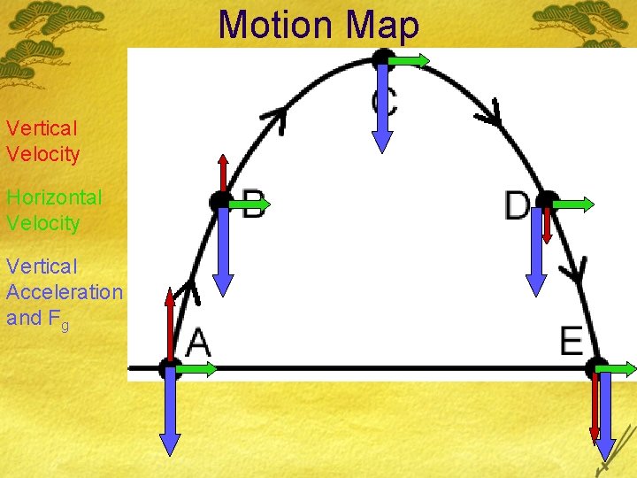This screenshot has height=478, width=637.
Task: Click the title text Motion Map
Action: click(318, 25)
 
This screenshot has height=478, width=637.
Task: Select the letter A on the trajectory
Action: click(198, 343)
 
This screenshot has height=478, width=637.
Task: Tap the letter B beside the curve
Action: click(255, 204)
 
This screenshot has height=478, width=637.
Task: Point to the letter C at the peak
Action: click(384, 100)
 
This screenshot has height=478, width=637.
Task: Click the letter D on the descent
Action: click(517, 206)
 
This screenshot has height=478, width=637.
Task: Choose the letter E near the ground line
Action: click(572, 341)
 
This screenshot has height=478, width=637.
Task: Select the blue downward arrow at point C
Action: click(381, 111)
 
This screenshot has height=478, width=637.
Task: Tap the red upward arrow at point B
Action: click(223, 173)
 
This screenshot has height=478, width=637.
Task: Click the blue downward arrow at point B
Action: click(224, 252)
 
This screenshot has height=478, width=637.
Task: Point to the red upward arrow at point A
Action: click(169, 323)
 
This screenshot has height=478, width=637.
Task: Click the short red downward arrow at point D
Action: click(547, 225)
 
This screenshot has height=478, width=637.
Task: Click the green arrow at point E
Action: click(618, 368)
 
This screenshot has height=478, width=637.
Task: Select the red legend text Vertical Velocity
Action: click(42, 142)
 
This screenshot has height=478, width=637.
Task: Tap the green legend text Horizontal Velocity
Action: click(54, 210)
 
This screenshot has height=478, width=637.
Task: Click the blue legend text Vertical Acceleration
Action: click(64, 279)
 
